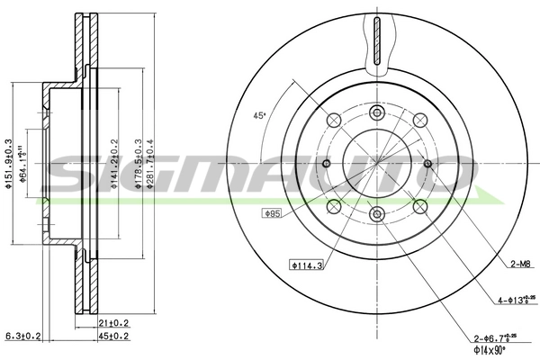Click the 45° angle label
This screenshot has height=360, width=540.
point(259,116)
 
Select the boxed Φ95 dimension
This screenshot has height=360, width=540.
point(272,213)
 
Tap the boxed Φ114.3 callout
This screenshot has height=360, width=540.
point(305,265)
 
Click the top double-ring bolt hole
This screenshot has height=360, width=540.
point(377,112)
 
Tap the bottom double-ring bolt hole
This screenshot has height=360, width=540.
point(377,214)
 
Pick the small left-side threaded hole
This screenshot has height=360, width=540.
point(326,164)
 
